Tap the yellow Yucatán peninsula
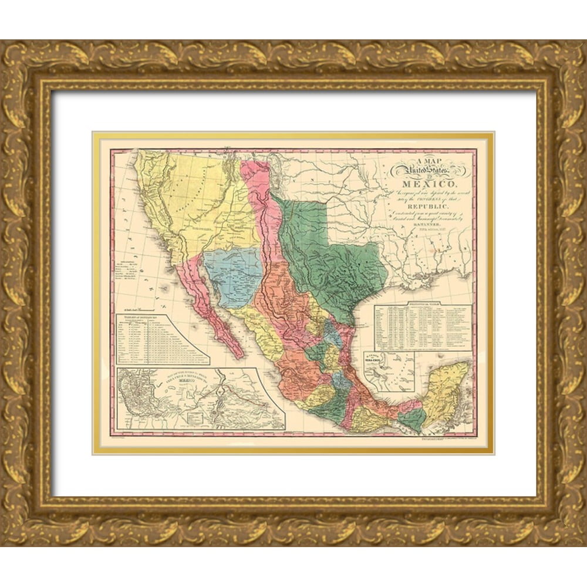(447, 390)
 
